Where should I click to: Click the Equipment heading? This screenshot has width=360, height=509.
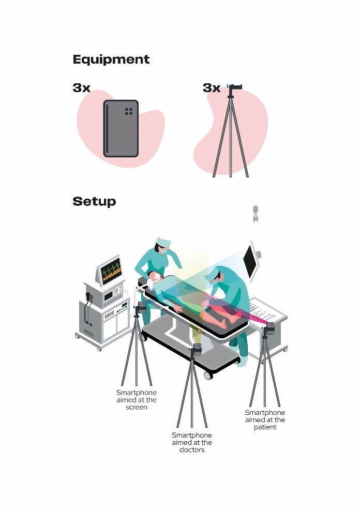coord(111,59)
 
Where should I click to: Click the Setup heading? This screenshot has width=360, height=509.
coord(94,201)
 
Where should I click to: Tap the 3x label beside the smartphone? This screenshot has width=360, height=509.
coord(82,87)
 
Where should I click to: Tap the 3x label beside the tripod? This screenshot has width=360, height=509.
coord(212,87)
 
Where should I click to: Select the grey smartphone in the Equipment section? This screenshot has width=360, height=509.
coord(121,129)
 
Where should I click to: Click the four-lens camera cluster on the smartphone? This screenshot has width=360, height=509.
coord(129,111)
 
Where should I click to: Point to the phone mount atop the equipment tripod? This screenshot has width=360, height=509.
coord(235,87)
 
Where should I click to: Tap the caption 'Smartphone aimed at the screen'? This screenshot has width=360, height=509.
coord(137,400)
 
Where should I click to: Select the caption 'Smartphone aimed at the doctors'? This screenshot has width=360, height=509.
coord(192,442)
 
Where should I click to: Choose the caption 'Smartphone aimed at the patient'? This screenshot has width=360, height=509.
coord(265,420)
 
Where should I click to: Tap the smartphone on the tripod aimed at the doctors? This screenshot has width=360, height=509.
coord(197,349)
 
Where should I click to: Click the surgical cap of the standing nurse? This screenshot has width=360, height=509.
coord(163,242)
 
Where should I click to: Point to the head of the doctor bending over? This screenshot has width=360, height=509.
coord(215,275)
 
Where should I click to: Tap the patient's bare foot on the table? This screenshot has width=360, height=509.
coord(223,323)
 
